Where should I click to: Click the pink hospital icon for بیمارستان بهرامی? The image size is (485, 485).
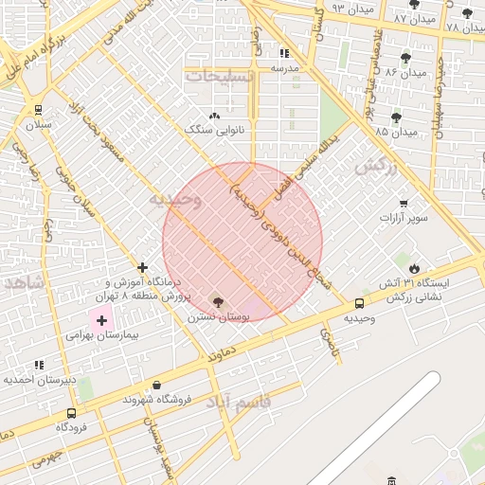(x=101, y=321)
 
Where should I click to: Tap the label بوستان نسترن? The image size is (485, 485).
(x=219, y=317)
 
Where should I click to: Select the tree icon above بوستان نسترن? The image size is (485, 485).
(x=219, y=302)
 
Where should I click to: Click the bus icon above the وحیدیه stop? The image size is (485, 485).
(x=359, y=303)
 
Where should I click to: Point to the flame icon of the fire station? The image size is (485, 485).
(x=414, y=268)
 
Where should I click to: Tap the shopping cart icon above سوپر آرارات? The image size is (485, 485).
(x=404, y=203)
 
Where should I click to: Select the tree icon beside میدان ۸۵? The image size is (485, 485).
(x=395, y=118)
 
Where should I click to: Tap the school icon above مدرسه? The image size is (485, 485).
(x=284, y=53)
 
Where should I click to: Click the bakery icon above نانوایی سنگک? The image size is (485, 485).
(x=214, y=115)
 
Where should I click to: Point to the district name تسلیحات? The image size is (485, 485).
(x=220, y=76)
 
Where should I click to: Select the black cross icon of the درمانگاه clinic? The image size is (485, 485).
(x=142, y=268)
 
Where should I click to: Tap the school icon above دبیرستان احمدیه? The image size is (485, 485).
(x=39, y=365)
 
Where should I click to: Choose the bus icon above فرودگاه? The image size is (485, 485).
(x=71, y=413)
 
